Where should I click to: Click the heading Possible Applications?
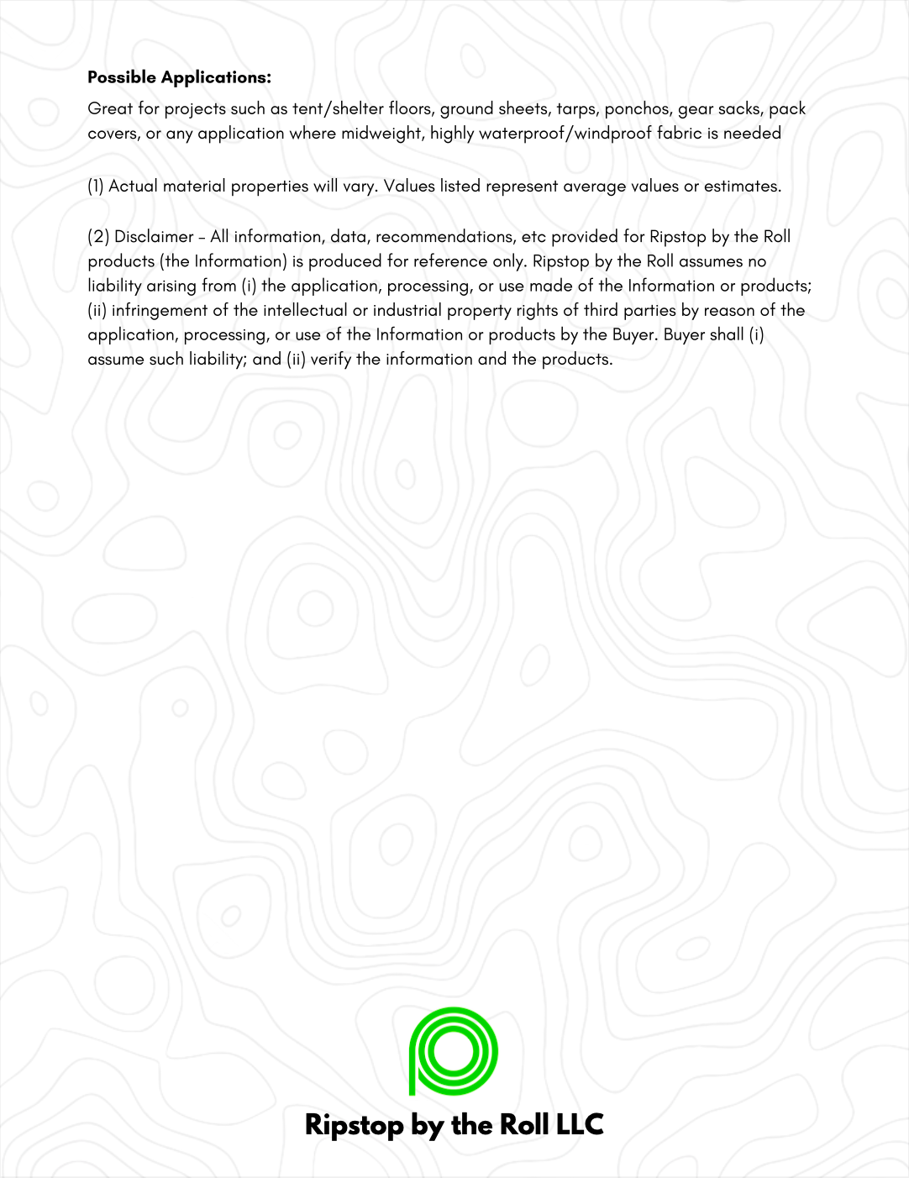tap(179, 77)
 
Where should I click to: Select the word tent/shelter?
tap(338, 108)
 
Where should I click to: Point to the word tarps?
tap(575, 109)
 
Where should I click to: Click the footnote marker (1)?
tap(95, 187)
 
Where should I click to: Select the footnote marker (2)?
tap(97, 237)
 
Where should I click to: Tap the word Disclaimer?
tap(154, 237)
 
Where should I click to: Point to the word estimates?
tap(742, 187)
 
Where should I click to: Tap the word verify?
tap(330, 359)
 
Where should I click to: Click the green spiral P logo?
tap(453, 1051)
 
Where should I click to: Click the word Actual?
tap(133, 187)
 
